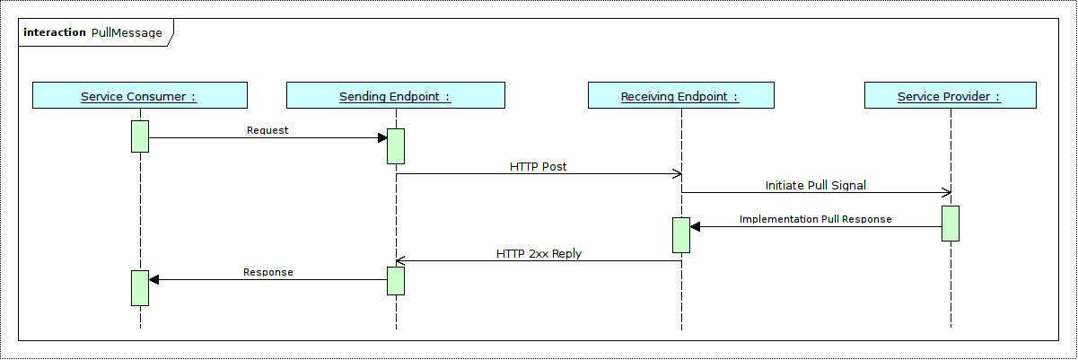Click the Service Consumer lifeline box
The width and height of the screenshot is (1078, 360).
point(139,96)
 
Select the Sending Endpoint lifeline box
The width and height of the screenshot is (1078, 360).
point(395,96)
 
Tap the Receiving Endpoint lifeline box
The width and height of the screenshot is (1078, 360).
point(680,96)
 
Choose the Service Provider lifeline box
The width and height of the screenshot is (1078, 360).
point(950,96)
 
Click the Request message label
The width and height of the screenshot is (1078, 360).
point(267,130)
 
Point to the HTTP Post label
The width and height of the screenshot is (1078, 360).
point(538,167)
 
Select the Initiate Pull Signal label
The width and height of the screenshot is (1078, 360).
point(815,186)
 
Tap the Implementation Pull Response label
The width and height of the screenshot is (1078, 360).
point(815,219)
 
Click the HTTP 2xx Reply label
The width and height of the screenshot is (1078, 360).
point(539,254)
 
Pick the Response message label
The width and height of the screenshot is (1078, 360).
point(267,272)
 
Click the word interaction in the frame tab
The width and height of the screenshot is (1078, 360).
point(55,33)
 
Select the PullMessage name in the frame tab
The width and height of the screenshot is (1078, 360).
point(127,33)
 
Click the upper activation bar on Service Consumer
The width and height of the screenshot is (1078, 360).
point(140,136)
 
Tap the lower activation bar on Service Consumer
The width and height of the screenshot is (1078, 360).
point(140,287)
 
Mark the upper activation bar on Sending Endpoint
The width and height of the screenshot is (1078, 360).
point(396,146)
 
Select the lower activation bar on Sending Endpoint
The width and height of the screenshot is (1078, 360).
point(396,281)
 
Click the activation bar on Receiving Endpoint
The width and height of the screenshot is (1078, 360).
point(681,235)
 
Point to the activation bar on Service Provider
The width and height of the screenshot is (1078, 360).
point(951,224)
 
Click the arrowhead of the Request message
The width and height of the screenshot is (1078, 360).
point(382,137)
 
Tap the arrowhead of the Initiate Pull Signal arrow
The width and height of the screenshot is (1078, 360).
point(946,192)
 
